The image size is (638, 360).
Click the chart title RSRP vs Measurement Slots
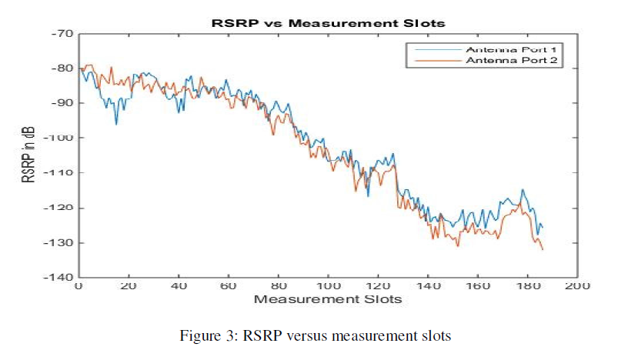click(x=328, y=23)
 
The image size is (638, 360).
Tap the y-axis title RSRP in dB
click(x=30, y=155)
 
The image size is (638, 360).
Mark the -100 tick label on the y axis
click(x=62, y=138)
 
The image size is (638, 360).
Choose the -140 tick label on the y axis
click(x=62, y=277)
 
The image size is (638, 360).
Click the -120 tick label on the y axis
click(x=62, y=208)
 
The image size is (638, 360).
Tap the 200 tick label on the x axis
click(x=577, y=286)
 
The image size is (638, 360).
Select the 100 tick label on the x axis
click(x=328, y=286)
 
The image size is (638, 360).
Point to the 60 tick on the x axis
click(x=229, y=286)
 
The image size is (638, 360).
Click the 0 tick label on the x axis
click(x=78, y=286)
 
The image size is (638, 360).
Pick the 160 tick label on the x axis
click(x=478, y=286)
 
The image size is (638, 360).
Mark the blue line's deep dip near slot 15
click(x=116, y=123)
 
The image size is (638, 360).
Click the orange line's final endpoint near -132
click(x=543, y=249)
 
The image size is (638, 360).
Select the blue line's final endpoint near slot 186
click(x=543, y=227)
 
